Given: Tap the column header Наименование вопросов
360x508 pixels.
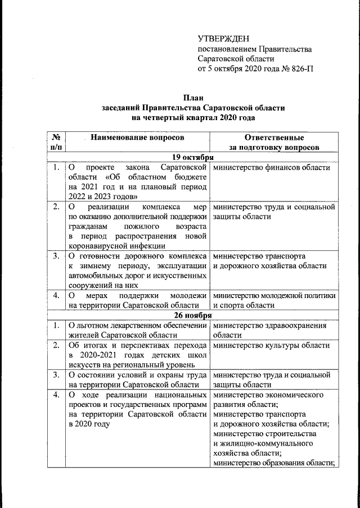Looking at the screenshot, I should click(137, 138).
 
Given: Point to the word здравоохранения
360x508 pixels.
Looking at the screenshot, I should click(298, 326).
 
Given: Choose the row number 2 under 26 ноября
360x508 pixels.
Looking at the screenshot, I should click(56, 345).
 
